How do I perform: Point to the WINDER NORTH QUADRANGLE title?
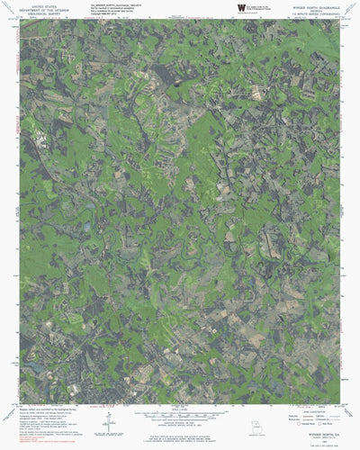[315, 4]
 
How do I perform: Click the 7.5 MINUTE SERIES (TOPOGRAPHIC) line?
[315, 13]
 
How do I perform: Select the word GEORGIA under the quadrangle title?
[315, 9]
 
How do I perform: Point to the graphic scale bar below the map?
[179, 416]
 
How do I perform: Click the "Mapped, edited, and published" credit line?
[40, 409]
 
